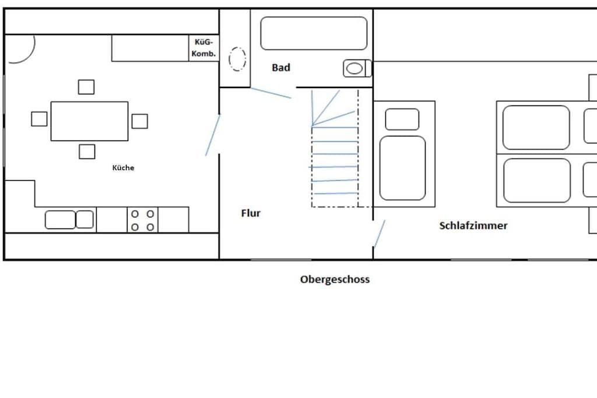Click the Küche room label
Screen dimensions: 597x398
[x=123, y=167]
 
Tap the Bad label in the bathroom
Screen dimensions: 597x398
[x=281, y=68]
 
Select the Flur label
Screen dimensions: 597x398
[x=251, y=213]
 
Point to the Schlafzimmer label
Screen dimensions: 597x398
[x=473, y=226]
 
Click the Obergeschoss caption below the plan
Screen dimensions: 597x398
[x=335, y=279]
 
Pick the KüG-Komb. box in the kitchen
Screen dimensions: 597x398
[x=203, y=48]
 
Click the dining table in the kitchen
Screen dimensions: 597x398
[x=89, y=121]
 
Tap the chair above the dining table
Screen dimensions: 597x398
[x=86, y=87]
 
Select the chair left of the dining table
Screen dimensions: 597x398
[x=39, y=119]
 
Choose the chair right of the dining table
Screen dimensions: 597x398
[x=140, y=121]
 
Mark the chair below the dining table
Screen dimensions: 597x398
[x=87, y=152]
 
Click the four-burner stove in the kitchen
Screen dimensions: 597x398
[x=142, y=220]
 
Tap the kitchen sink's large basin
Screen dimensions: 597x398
[x=60, y=220]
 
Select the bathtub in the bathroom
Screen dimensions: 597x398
[x=314, y=33]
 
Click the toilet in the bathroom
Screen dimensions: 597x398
[x=357, y=69]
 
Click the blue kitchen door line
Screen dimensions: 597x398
[x=213, y=135]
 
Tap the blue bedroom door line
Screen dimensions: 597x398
[x=380, y=234]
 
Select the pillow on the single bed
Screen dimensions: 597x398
[x=402, y=119]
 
